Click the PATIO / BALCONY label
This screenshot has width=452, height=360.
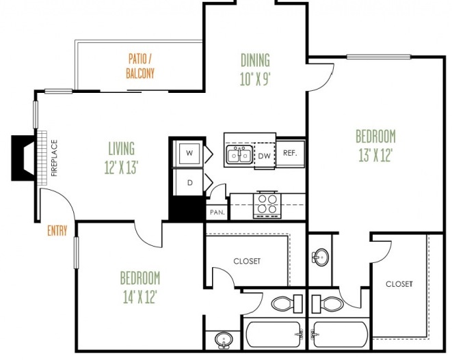(140, 66)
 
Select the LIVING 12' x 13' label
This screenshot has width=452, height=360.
(121, 158)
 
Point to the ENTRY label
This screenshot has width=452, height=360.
(57, 231)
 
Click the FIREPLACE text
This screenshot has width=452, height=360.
(54, 158)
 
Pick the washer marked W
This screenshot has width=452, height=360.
(189, 153)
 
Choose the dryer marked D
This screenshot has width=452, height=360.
(189, 182)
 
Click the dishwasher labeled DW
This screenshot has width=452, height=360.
(265, 156)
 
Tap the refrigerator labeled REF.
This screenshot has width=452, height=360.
(290, 153)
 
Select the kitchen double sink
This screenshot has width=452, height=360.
(239, 154)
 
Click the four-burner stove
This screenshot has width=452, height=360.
(267, 205)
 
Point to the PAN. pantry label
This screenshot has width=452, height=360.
(217, 212)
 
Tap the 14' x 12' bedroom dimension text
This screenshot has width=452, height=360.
(139, 296)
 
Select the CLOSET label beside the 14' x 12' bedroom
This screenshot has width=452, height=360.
(247, 261)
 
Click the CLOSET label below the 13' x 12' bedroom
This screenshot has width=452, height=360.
(399, 284)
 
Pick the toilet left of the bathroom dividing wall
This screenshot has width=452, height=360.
(287, 303)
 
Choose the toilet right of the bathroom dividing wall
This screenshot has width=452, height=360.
(328, 303)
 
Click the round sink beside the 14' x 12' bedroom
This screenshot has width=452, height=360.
(224, 340)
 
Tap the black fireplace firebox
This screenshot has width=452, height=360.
(23, 158)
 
